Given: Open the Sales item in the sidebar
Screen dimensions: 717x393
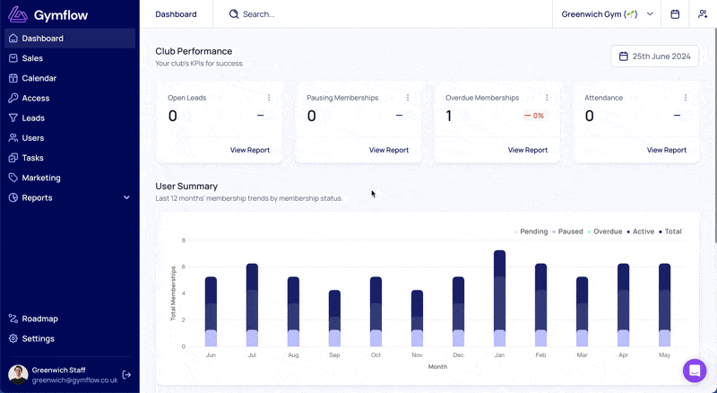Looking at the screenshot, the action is click(x=32, y=58).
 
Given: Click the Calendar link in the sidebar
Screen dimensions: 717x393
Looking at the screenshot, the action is click(x=39, y=78).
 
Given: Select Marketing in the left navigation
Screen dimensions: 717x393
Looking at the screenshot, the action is click(x=40, y=178).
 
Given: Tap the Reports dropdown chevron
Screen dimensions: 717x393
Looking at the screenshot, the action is click(x=126, y=197).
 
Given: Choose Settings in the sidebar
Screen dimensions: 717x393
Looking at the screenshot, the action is click(x=38, y=338).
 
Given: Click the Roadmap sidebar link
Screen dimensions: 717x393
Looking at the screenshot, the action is click(x=39, y=319).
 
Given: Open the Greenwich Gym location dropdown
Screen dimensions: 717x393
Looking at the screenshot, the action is click(x=608, y=14).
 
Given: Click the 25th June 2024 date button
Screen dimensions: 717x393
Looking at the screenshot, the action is click(x=655, y=57).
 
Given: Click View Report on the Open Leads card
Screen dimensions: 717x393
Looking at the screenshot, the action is click(x=250, y=150).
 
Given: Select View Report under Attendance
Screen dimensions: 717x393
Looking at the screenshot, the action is click(x=666, y=150).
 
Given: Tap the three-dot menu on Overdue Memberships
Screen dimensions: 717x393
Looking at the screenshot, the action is click(x=547, y=98).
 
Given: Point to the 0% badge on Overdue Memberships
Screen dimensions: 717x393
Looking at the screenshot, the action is click(x=534, y=116).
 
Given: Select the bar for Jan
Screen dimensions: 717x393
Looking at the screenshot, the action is click(x=499, y=298).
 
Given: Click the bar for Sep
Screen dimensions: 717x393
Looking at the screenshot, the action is click(x=334, y=319).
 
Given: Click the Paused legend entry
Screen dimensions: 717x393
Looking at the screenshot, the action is click(x=568, y=231).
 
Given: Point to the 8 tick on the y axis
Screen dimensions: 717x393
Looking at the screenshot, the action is click(x=184, y=240).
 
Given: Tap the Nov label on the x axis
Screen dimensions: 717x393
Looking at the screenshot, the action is click(x=417, y=355).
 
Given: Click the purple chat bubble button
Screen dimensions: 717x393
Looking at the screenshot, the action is click(x=695, y=370).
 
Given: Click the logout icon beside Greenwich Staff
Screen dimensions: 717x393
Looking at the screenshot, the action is click(x=126, y=375).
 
